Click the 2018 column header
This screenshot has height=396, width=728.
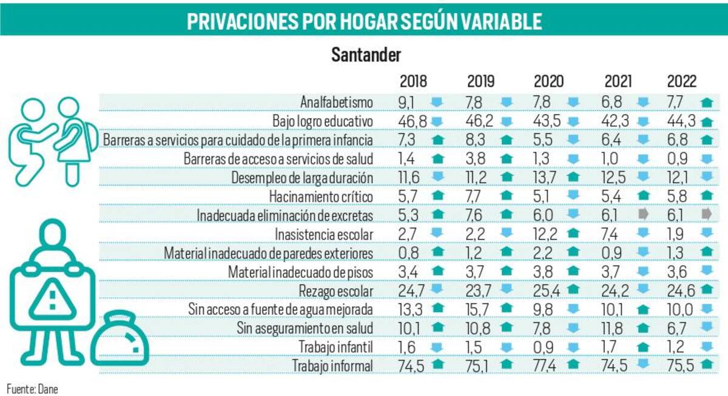(413, 82)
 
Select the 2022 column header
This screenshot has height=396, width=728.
(682, 82)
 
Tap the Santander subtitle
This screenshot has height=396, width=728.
(366, 55)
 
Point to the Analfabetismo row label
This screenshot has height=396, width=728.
(336, 101)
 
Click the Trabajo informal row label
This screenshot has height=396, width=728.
(332, 365)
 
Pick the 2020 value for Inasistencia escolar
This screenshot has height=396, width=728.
(545, 233)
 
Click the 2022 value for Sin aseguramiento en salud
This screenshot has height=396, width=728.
(679, 328)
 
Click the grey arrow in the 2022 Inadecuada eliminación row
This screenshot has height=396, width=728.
(705, 215)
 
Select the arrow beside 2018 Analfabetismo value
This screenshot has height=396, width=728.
(437, 101)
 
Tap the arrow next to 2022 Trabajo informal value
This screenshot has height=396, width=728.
(706, 365)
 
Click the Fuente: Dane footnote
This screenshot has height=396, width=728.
(32, 389)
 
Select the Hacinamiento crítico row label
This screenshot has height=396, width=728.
(329, 195)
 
